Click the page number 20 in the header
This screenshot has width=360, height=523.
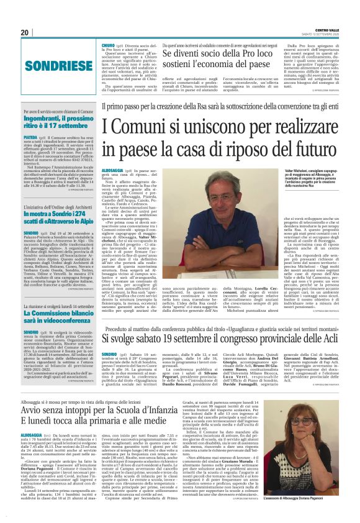click(25, 32)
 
